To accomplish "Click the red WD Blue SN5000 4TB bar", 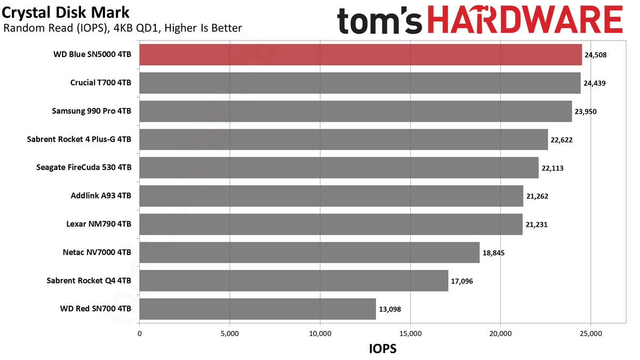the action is (x=361, y=54).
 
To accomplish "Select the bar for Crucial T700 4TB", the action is (x=360, y=83).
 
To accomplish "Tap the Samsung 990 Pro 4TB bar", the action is (x=356, y=111).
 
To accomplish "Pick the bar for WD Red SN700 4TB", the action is (x=258, y=309).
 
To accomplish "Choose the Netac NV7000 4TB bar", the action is (x=309, y=252).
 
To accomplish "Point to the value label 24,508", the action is (x=595, y=55).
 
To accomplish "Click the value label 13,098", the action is (x=390, y=309).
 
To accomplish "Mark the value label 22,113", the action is (x=553, y=168).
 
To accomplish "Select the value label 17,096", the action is (x=462, y=281).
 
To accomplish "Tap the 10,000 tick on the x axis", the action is (x=320, y=333).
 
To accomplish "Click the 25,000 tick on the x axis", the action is (x=591, y=333).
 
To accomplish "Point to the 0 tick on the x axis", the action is (x=139, y=333).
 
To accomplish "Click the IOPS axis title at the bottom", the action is (x=383, y=349).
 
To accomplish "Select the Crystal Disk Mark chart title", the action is (x=66, y=13).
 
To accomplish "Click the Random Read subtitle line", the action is (x=123, y=28).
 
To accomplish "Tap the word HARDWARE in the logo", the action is (x=525, y=19).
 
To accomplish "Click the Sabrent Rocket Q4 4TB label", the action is (x=89, y=281).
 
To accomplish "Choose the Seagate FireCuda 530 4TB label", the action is (x=84, y=167).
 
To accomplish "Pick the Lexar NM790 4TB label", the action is (x=99, y=223).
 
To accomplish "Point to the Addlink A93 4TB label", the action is (x=101, y=195).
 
